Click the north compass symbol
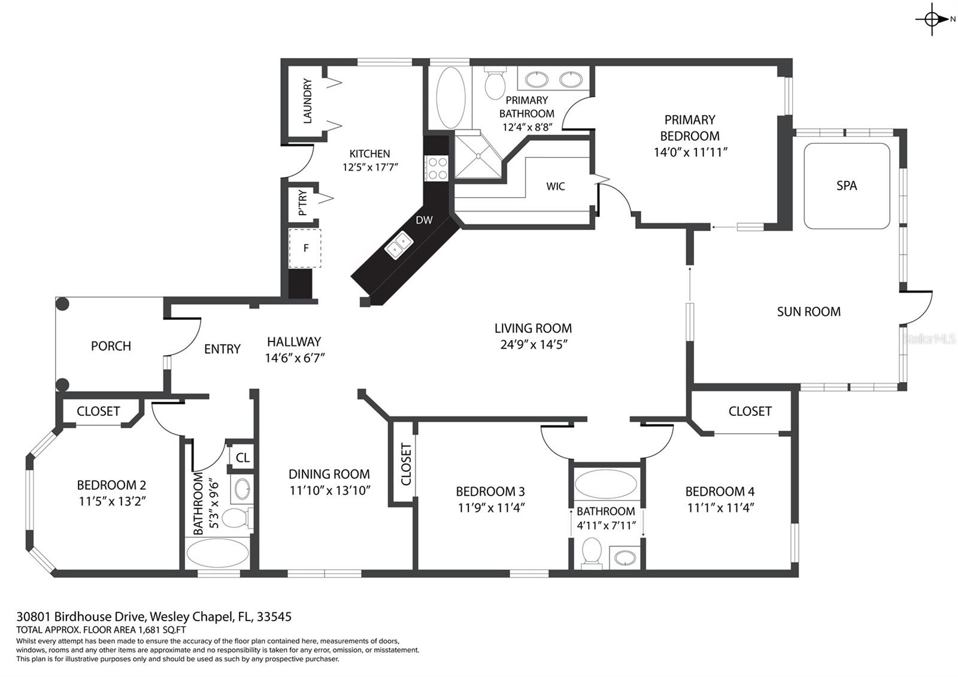click(932, 19)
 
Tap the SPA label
click(846, 186)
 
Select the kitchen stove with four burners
click(436, 167)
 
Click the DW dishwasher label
click(424, 220)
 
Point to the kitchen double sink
click(399, 244)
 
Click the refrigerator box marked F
click(305, 248)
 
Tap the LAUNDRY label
click(307, 101)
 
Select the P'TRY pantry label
click(302, 203)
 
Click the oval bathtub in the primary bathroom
click(450, 98)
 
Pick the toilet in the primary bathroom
click(495, 84)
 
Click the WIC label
click(555, 186)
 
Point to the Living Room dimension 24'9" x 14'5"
click(533, 344)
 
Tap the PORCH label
click(111, 346)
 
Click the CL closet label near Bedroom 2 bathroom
click(242, 458)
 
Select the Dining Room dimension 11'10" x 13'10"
click(330, 490)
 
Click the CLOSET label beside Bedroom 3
click(406, 464)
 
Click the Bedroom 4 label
click(720, 491)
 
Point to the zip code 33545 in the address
click(272, 616)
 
